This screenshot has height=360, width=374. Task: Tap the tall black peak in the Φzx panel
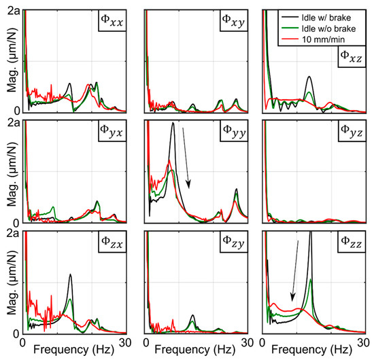click(70, 274)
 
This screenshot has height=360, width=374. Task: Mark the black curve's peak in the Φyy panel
click(173, 124)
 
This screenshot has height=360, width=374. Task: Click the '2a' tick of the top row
click(12, 8)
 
